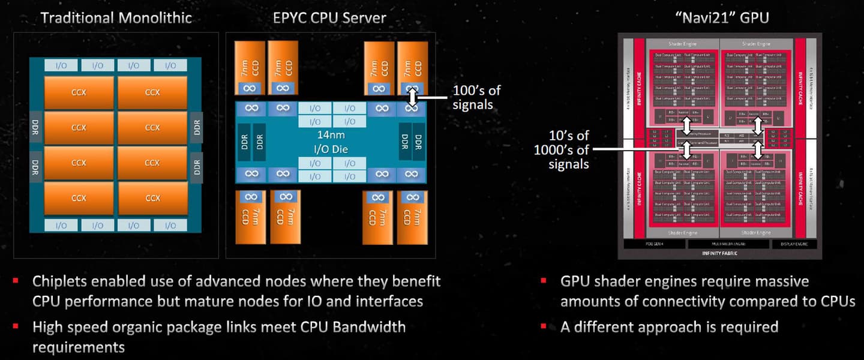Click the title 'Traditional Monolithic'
[x=116, y=17]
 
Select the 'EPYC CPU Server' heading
[x=330, y=17]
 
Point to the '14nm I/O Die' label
[x=331, y=142]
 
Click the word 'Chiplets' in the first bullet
[x=59, y=281]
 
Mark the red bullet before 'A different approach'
[x=544, y=326]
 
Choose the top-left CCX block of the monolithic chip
[x=79, y=92]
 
